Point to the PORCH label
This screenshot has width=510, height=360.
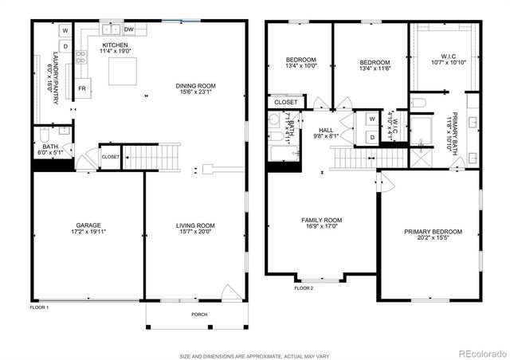point(199,315)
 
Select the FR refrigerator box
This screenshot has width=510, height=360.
point(82,89)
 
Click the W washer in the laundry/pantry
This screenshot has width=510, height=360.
point(65,31)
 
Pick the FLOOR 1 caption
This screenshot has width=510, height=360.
point(40,307)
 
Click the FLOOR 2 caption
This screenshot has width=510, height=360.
point(304,288)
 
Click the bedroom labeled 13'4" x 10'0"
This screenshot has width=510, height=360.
point(301,60)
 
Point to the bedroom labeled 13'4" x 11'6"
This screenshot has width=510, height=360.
point(374,62)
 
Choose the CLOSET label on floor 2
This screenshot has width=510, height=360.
point(285,102)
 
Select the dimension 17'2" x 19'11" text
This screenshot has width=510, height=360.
point(88,233)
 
